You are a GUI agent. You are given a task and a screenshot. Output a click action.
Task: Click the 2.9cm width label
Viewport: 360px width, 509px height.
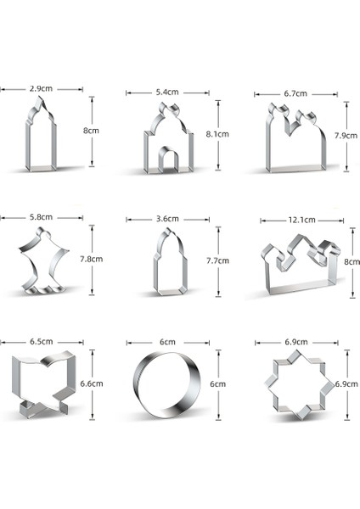[x=41, y=88]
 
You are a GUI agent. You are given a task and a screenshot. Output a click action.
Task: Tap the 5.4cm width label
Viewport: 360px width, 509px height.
[x=167, y=92]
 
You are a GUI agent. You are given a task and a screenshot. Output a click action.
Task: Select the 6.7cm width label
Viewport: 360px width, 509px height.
[x=295, y=93]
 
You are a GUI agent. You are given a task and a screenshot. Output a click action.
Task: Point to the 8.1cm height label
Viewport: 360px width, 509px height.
[x=217, y=134]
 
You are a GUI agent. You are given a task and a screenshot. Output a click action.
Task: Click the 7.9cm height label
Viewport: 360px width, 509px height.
[x=346, y=136]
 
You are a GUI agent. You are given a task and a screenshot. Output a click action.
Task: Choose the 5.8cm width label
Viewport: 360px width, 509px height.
[x=41, y=217]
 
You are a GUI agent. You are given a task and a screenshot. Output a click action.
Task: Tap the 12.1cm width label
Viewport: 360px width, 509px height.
[x=302, y=220]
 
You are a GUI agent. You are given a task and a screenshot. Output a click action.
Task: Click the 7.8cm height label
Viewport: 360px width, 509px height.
[x=92, y=259]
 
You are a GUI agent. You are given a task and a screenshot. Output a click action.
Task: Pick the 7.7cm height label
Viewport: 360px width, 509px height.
[x=217, y=260]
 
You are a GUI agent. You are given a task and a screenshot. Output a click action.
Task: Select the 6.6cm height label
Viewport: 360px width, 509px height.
[x=92, y=383]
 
